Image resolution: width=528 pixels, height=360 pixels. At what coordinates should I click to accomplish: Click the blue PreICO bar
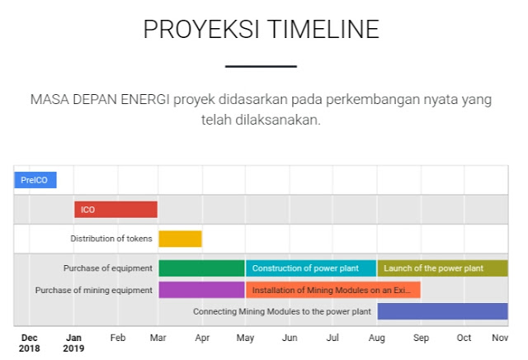pos(35,179)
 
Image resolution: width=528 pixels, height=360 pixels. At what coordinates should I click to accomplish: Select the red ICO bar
pos(115,209)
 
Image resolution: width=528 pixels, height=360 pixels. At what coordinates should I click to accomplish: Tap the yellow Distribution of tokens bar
pos(180,239)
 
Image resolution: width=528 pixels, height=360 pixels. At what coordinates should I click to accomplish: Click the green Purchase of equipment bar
pos(201,268)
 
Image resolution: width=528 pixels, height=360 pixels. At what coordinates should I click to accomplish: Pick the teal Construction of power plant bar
pos(311,268)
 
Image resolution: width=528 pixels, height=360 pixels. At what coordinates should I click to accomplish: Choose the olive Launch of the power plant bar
pos(442,268)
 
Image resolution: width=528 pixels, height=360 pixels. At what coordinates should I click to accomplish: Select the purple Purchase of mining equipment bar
pos(201,290)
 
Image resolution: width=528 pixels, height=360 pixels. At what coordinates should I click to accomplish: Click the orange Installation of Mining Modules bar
pos(333,290)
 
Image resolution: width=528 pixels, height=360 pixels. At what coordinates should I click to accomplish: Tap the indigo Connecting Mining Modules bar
pos(442,311)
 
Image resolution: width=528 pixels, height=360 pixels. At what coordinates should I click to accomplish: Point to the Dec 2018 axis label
pos(29,343)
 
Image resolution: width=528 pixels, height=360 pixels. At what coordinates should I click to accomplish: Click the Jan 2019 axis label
pos(73,343)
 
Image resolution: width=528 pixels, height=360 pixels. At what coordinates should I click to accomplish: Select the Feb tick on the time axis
pos(117,338)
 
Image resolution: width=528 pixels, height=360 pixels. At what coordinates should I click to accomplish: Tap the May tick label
pos(246,338)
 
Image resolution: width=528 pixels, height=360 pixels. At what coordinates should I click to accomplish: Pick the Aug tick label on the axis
pos(377,338)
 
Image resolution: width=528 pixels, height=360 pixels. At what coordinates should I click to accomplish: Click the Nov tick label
pos(500,338)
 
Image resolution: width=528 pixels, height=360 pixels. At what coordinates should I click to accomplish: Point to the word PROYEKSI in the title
pos(194,29)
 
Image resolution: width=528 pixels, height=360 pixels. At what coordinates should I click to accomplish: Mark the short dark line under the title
pos(261,66)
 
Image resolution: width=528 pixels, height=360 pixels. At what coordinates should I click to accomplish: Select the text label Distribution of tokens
pos(111,239)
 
